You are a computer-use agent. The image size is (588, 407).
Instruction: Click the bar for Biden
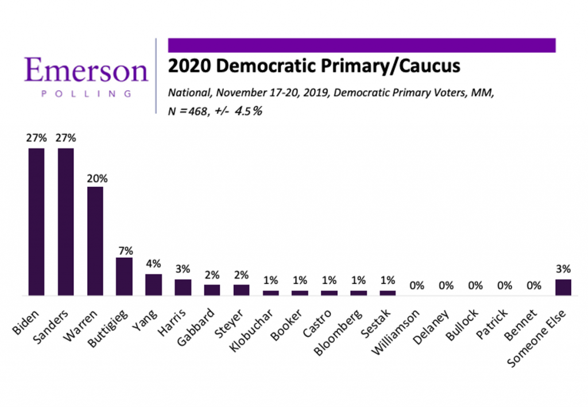37,222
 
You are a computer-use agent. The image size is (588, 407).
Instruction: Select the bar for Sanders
65,222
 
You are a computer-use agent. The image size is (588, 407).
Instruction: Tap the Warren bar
95,241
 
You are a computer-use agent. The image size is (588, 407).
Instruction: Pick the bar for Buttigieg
124,276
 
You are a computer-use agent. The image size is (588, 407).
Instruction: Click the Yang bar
153,285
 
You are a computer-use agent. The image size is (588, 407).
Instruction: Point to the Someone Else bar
563,287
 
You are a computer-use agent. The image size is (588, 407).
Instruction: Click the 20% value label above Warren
95,178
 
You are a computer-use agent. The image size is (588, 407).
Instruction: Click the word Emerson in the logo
86,71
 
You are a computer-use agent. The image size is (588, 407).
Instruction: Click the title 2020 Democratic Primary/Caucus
314,67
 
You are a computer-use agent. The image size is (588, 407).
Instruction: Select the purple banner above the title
362,45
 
